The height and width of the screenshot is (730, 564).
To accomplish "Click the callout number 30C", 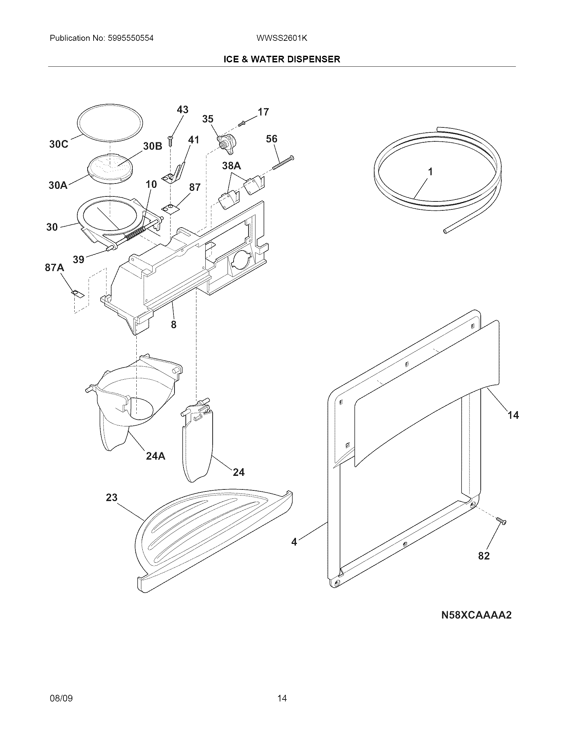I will pos(58,144).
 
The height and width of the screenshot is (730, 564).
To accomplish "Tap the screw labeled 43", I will pos(170,141).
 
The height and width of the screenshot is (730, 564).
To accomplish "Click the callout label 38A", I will pos(232,166).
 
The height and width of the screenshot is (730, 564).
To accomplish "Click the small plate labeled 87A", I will pos(78,294).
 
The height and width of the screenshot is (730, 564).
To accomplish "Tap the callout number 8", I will pos(174,324).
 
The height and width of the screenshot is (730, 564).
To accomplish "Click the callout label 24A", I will pos(156,456).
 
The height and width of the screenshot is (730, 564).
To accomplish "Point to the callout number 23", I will pos(111,497).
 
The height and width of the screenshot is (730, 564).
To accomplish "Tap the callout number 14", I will pos(513,415).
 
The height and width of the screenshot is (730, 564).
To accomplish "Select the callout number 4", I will pos(294,542).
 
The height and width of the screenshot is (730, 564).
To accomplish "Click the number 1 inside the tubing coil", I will pos(431,172).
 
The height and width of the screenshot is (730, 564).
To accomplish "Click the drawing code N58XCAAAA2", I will pos(476,615).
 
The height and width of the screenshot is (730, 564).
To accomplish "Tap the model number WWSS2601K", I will pos(282,38).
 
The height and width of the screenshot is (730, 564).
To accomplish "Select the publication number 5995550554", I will pos(131,38).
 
